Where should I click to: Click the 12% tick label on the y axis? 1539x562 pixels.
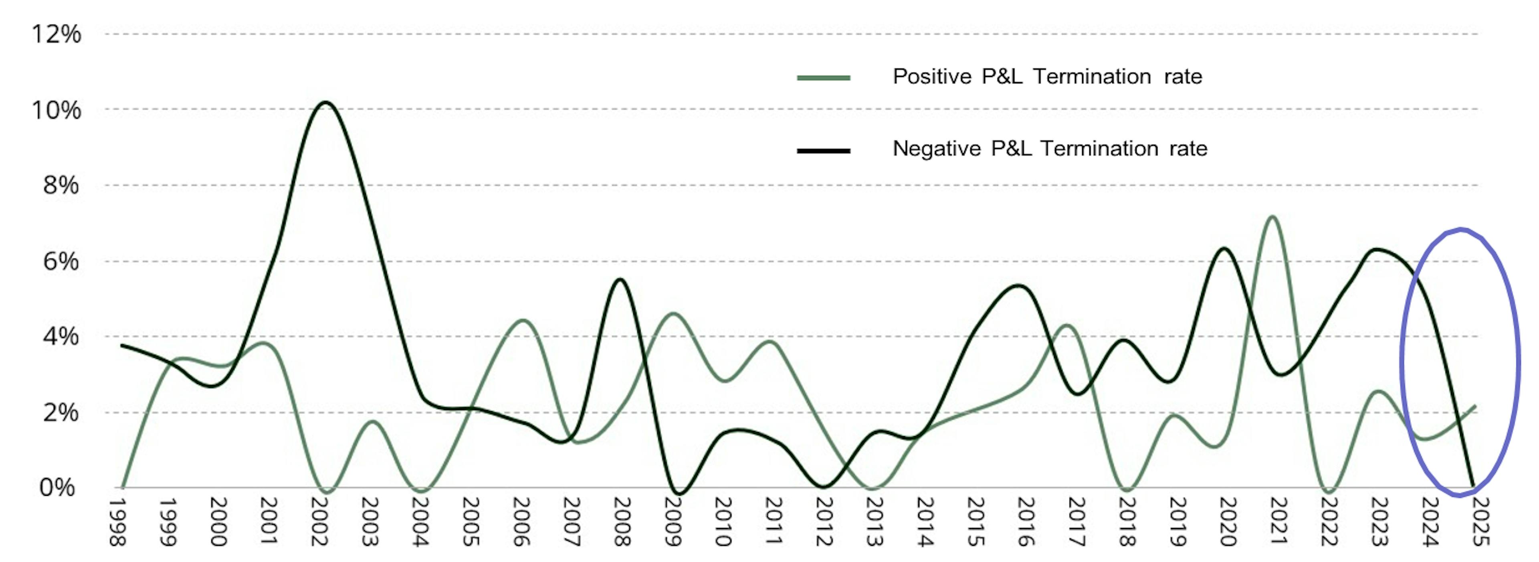(56, 34)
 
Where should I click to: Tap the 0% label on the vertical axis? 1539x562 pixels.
(57, 488)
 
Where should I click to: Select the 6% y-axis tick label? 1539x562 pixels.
(61, 261)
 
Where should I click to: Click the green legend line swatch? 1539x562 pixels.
(823, 78)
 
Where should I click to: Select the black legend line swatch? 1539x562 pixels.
(823, 150)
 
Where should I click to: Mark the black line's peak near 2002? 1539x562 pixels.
(324, 102)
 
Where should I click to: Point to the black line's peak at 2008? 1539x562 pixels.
(620, 279)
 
